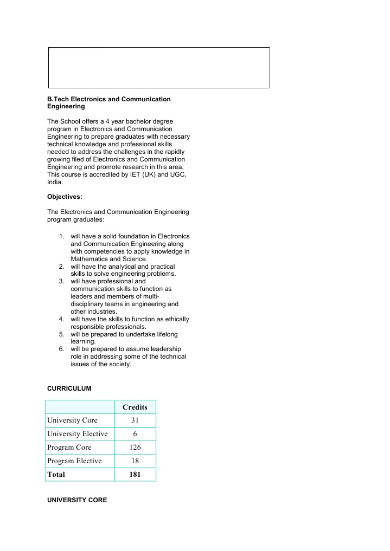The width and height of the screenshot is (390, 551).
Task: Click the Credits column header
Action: pos(135,407)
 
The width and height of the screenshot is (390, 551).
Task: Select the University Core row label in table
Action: pos(72,420)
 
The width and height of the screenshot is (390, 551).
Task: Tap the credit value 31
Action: pos(135,420)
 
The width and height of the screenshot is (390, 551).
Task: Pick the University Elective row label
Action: pos(77,434)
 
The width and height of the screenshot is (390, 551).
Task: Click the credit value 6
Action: pos(135,434)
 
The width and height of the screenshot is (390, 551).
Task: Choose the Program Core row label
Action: pos(69,448)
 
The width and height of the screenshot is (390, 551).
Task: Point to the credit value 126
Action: pos(135,448)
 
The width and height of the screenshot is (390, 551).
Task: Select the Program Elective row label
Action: pos(74,461)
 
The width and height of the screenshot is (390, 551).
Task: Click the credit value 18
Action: pos(135,461)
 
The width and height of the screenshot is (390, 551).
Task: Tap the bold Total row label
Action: pos(56,475)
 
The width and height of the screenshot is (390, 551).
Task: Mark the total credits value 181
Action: pos(135,475)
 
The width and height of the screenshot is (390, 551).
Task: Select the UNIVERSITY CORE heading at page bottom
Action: pos(77,500)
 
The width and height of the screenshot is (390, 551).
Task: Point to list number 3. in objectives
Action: pos(62,282)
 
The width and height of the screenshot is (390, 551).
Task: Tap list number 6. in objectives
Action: pos(62,349)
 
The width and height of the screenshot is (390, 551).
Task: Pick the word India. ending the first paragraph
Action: pos(55,183)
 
